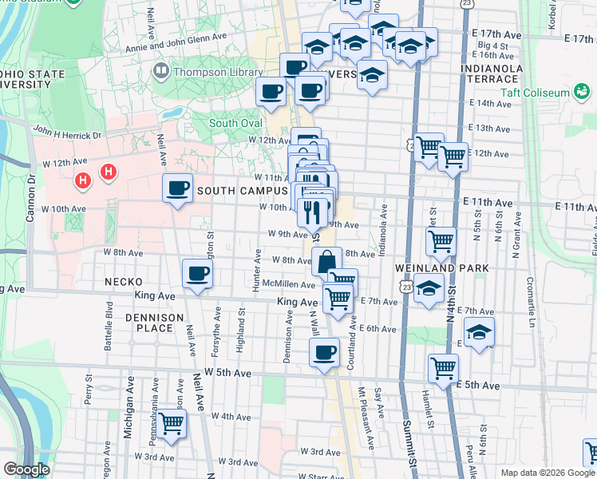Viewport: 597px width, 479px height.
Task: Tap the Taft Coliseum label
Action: (x=534, y=93)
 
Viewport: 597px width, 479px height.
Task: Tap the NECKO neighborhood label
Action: (x=123, y=282)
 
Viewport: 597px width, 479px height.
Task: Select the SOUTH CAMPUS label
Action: (x=242, y=191)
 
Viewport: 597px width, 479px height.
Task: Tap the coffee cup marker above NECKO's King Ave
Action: (x=197, y=274)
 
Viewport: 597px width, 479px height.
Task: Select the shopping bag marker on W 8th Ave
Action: (x=326, y=261)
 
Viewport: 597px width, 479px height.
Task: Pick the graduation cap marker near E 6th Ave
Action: (x=479, y=331)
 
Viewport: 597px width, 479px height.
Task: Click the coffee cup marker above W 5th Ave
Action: (x=324, y=352)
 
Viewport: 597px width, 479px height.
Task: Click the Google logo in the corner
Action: (x=26, y=469)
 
